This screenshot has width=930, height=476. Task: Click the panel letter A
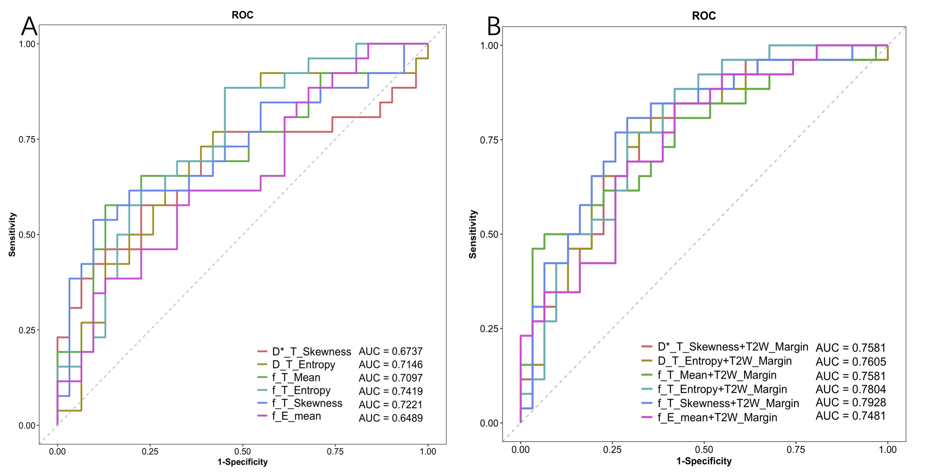[29, 26]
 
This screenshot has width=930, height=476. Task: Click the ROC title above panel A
[242, 15]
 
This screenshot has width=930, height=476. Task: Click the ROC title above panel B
[704, 16]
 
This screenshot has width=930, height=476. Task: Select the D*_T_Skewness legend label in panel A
[311, 351]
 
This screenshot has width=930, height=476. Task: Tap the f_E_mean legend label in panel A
[296, 416]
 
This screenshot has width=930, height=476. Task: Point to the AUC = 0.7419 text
[391, 391]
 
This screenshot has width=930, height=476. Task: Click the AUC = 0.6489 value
[391, 418]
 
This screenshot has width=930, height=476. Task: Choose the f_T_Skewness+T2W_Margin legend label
[728, 403]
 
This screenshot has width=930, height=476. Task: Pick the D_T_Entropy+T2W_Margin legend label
[725, 361]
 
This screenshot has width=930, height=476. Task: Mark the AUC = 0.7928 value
[850, 402]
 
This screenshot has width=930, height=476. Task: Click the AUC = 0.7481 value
[850, 416]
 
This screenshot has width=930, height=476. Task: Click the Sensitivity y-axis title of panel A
[12, 234]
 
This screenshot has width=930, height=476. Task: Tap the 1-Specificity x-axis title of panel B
[704, 461]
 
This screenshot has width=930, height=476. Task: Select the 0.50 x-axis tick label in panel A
[242, 451]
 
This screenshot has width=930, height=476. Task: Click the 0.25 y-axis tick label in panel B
[489, 329]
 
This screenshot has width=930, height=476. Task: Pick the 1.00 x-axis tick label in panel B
[887, 450]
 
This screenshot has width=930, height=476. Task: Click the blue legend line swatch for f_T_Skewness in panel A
[262, 403]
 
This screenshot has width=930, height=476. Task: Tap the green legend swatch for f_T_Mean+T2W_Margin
[647, 375]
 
